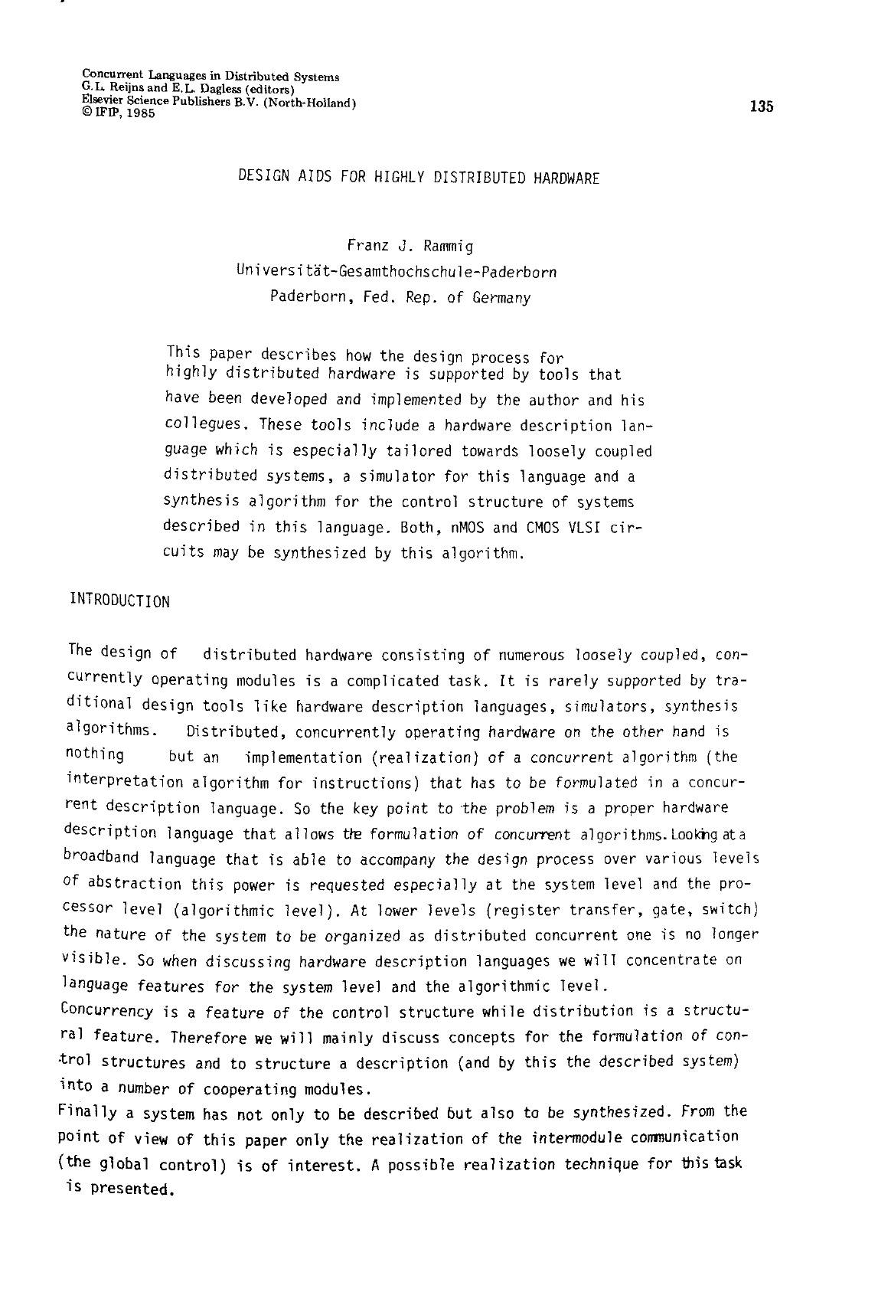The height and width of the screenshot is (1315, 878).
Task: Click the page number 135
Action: (x=762, y=107)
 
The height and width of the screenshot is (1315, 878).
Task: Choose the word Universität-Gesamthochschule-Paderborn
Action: (x=397, y=272)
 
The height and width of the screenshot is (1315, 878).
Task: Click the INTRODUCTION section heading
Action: (x=119, y=601)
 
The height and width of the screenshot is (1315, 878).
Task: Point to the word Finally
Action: (x=87, y=1112)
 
